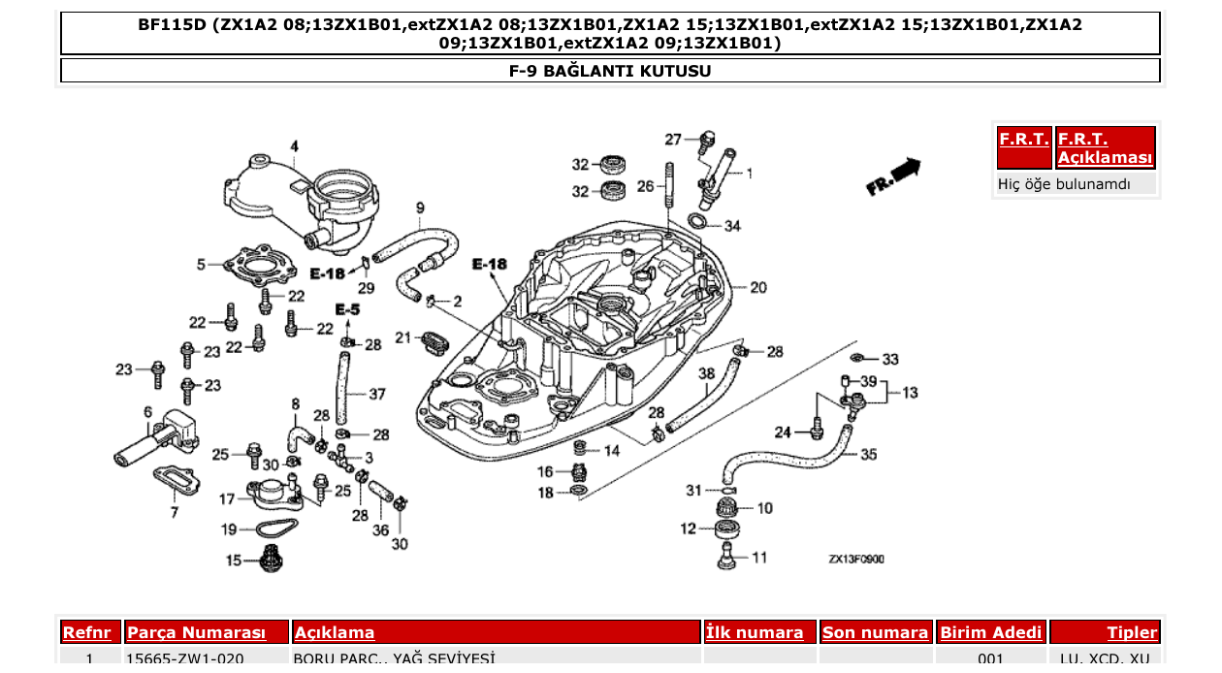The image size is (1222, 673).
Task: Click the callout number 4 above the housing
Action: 294,146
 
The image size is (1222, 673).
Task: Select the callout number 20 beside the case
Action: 757,287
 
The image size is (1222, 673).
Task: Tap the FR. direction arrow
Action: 893,176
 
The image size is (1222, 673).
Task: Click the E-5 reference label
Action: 347,309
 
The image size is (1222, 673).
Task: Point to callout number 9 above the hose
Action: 420,208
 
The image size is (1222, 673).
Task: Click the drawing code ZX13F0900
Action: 855,560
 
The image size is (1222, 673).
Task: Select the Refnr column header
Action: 90,632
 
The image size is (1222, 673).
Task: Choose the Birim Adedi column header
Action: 990,632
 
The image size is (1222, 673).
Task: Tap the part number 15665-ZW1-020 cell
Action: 185,659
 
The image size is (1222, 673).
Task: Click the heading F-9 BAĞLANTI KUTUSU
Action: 610,71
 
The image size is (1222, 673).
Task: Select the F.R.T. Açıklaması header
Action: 1105,148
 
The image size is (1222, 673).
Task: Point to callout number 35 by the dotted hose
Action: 868,454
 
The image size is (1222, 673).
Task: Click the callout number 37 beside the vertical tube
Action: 376,394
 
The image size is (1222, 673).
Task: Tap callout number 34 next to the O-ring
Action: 731,226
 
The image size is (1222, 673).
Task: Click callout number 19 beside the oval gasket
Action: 229,529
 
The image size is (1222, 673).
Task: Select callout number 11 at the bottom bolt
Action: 758,558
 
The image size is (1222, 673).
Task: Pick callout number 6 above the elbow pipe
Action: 147,411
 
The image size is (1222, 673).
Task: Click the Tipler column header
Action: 1132,632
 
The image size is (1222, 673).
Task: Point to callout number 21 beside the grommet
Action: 403,337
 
